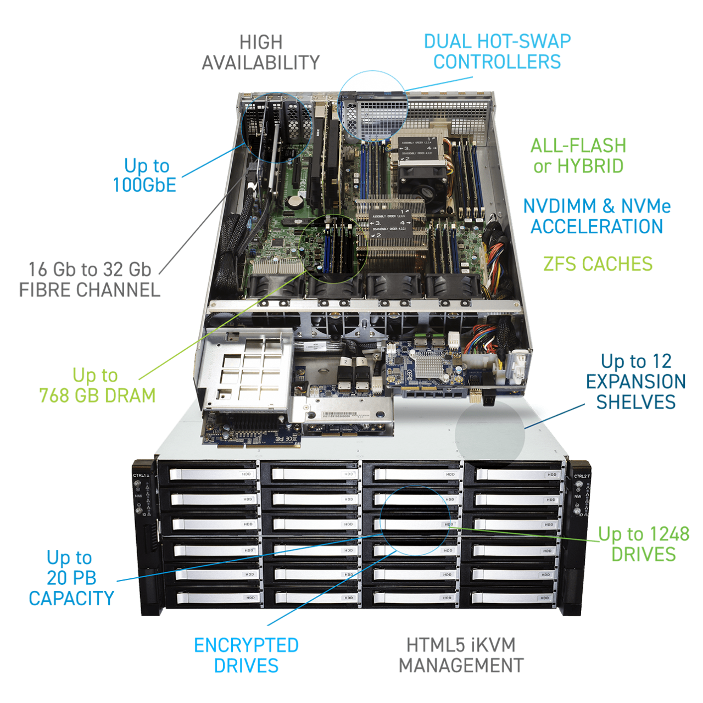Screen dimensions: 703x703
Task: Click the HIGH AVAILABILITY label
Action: pos(260,52)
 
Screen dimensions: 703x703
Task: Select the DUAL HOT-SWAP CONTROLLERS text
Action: pos(497,51)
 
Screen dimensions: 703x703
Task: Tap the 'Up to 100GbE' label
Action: pos(145,175)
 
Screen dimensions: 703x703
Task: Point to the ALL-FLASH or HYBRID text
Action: pos(578,155)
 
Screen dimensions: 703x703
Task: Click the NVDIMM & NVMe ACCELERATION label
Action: pos(596,216)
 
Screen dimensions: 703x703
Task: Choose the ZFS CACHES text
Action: pos(598,264)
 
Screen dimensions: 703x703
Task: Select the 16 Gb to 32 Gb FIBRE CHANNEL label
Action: pos(90,279)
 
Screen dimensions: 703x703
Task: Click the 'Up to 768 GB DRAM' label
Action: pos(97,385)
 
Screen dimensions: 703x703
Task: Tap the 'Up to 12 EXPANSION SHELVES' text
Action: pos(635,381)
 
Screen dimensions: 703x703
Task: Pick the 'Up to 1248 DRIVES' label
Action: pos(643,544)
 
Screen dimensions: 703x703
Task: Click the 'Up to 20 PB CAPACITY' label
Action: pos(71,578)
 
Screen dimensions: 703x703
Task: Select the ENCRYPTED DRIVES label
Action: pos(246,655)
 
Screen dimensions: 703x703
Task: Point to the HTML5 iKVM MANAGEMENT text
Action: pos(461,655)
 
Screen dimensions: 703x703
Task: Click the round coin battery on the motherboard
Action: pos(296,201)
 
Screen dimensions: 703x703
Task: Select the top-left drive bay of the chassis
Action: pos(208,474)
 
